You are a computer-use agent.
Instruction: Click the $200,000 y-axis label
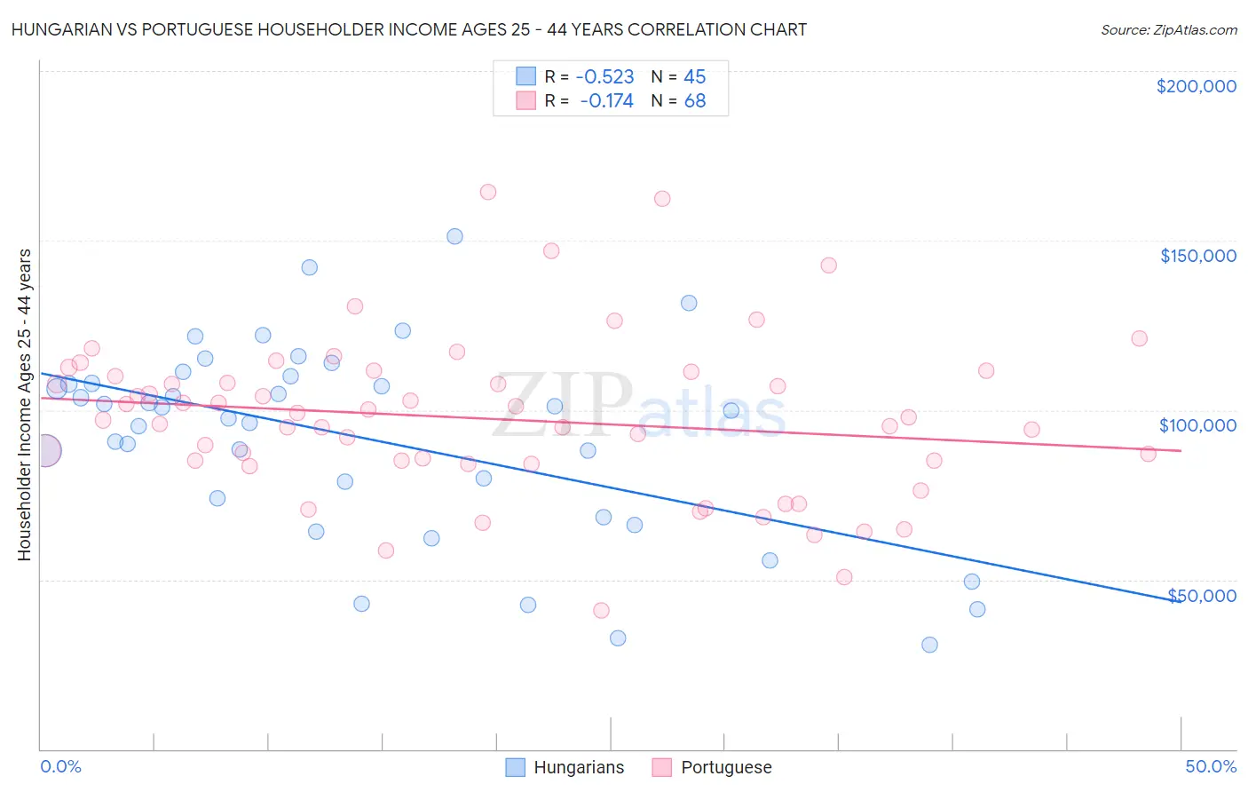point(1196,86)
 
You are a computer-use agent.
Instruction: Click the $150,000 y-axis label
point(1197,256)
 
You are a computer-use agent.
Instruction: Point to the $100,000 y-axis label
point(1197,425)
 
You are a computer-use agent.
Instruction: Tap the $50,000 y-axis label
point(1201,595)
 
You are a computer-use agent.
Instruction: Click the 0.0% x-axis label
point(61,766)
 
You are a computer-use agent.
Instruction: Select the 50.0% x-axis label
point(1211,766)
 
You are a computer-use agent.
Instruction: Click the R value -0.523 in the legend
point(604,76)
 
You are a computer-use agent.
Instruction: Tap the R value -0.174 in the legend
point(606,101)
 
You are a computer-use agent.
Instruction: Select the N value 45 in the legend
point(694,76)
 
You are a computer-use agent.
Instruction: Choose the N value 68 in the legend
point(694,101)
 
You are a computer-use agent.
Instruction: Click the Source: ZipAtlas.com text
point(1168,29)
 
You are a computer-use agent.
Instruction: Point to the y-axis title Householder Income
point(24,404)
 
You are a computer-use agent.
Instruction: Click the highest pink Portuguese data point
point(487,192)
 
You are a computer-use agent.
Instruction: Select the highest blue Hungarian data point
point(454,236)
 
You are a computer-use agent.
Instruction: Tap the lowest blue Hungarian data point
point(929,645)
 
